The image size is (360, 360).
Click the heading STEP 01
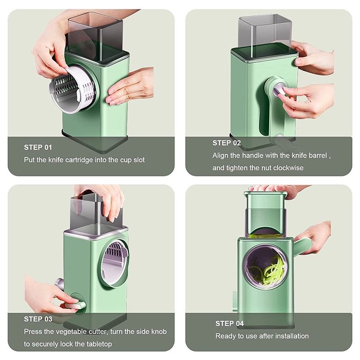click(x=38, y=147)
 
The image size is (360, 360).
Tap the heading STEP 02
click(x=227, y=143)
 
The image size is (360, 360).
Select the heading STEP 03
click(x=38, y=319)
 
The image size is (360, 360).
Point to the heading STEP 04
click(x=229, y=324)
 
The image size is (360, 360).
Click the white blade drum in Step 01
click(x=72, y=89)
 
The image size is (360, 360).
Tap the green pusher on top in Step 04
click(x=265, y=211)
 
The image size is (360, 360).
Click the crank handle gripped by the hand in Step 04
click(x=302, y=246)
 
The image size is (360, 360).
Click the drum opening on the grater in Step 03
click(x=114, y=264)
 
